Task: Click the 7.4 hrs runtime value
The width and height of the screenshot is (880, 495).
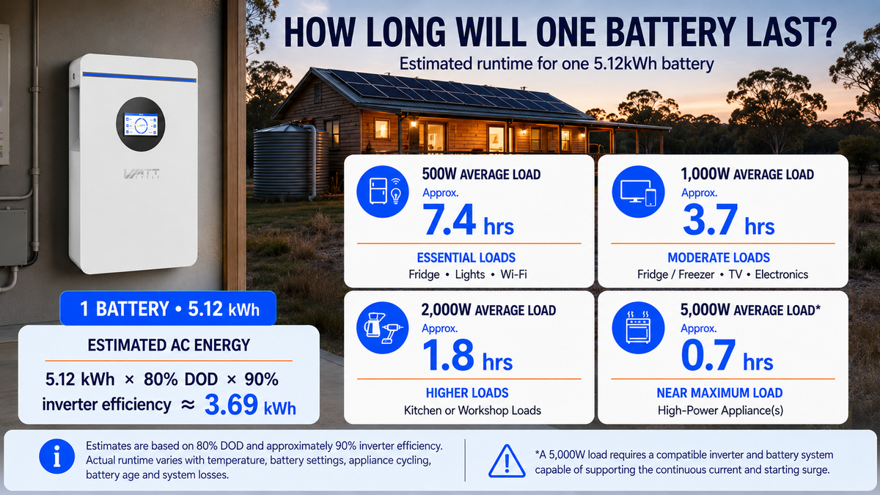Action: point(469,221)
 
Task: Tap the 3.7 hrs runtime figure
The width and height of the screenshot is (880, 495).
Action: point(728,221)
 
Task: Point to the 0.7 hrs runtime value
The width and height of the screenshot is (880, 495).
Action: point(727,356)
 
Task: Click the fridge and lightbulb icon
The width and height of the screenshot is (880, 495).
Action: point(383,191)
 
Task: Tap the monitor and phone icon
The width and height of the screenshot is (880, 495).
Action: point(638,191)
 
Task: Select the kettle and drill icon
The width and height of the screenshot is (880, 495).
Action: point(383,328)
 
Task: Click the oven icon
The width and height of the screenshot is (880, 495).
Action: point(638,328)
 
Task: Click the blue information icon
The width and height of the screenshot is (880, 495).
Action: point(57,456)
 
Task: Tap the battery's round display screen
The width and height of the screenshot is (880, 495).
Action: point(141,124)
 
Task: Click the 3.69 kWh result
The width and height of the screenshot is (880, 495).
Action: point(250,405)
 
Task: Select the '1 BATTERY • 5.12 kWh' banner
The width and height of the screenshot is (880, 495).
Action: point(168,309)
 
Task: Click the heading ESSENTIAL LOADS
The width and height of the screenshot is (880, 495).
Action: point(466,257)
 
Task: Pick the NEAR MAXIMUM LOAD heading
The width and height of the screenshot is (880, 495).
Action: point(719,393)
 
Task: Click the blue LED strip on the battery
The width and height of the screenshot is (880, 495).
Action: point(139,77)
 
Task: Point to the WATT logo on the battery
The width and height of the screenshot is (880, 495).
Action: point(142,174)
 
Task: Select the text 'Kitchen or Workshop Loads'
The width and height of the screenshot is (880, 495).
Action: point(472,411)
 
